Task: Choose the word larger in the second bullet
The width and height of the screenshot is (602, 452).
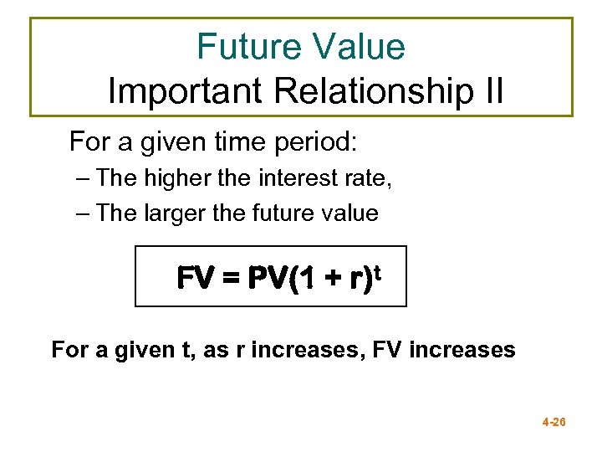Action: coord(176,213)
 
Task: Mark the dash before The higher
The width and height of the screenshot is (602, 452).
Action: coord(81,178)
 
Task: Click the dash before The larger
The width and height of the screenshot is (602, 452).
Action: coord(81,213)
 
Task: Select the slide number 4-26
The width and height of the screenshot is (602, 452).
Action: coord(554,423)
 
